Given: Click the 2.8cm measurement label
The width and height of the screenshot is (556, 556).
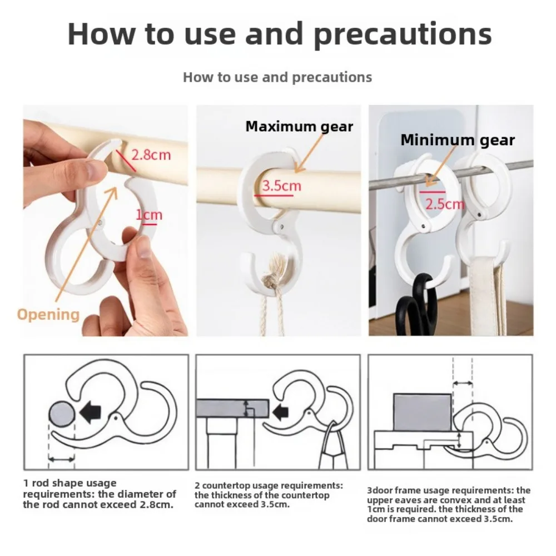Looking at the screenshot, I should click(151, 155).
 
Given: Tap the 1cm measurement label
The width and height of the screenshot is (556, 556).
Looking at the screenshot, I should click(149, 215).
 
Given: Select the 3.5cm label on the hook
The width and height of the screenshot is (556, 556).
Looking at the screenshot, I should click(281, 185).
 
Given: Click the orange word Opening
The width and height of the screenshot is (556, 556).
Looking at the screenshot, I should click(48, 314).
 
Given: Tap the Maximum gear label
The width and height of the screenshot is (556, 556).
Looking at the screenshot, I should click(299, 126).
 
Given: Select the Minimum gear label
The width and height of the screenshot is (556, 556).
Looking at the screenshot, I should click(457, 140).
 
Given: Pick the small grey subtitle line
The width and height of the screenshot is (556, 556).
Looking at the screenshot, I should click(277, 77).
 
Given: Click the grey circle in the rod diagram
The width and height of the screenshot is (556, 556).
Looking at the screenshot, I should click(61, 414).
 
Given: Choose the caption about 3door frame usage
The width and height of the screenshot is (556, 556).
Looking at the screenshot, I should click(448, 504).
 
